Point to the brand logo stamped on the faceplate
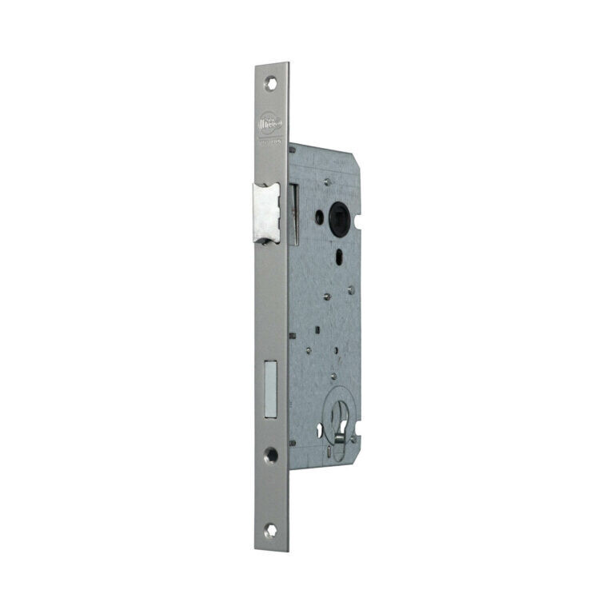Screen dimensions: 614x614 coord(269,126)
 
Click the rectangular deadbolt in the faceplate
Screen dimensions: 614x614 coord(270,390)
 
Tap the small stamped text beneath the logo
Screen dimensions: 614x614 coord(269,142)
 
